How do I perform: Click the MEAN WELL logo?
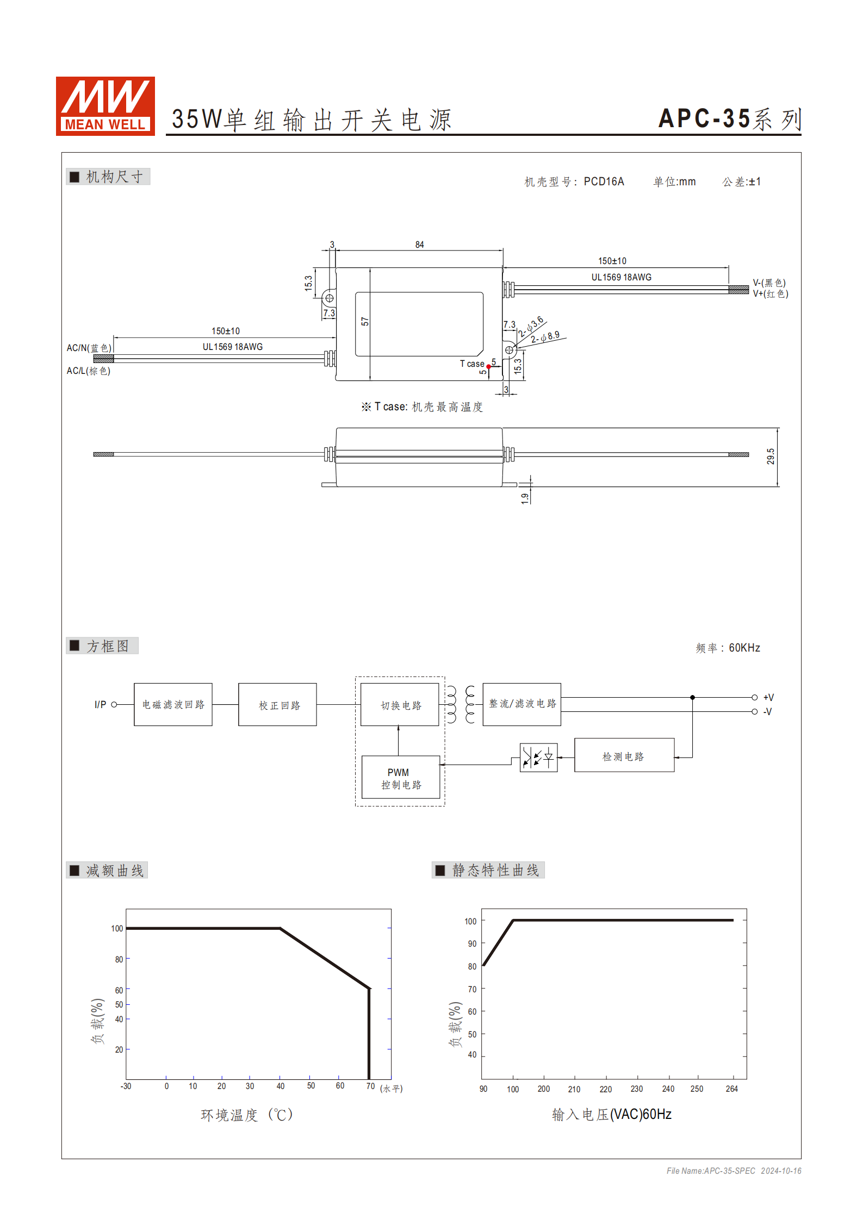pos(105,106)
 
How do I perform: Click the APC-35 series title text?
pos(729,119)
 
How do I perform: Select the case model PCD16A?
pos(604,182)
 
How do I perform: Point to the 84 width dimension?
pos(419,245)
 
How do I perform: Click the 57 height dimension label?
pos(365,322)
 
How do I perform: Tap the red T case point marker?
pos(488,367)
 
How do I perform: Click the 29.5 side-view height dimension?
pos(771,456)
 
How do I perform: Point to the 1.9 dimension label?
pos(525,498)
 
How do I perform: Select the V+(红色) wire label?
pos(770,294)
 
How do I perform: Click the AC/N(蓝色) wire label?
pos(89,348)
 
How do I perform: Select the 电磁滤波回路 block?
pos(173,704)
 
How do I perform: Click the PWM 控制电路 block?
pos(401,778)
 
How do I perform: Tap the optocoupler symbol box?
pos(538,757)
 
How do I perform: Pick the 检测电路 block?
pos(624,755)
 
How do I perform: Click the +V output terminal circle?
pos(754,697)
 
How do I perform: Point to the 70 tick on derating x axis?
pos(370,1086)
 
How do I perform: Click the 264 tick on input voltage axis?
pos(731,1088)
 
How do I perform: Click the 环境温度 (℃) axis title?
pos(247,1115)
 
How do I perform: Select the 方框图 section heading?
pos(107,646)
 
